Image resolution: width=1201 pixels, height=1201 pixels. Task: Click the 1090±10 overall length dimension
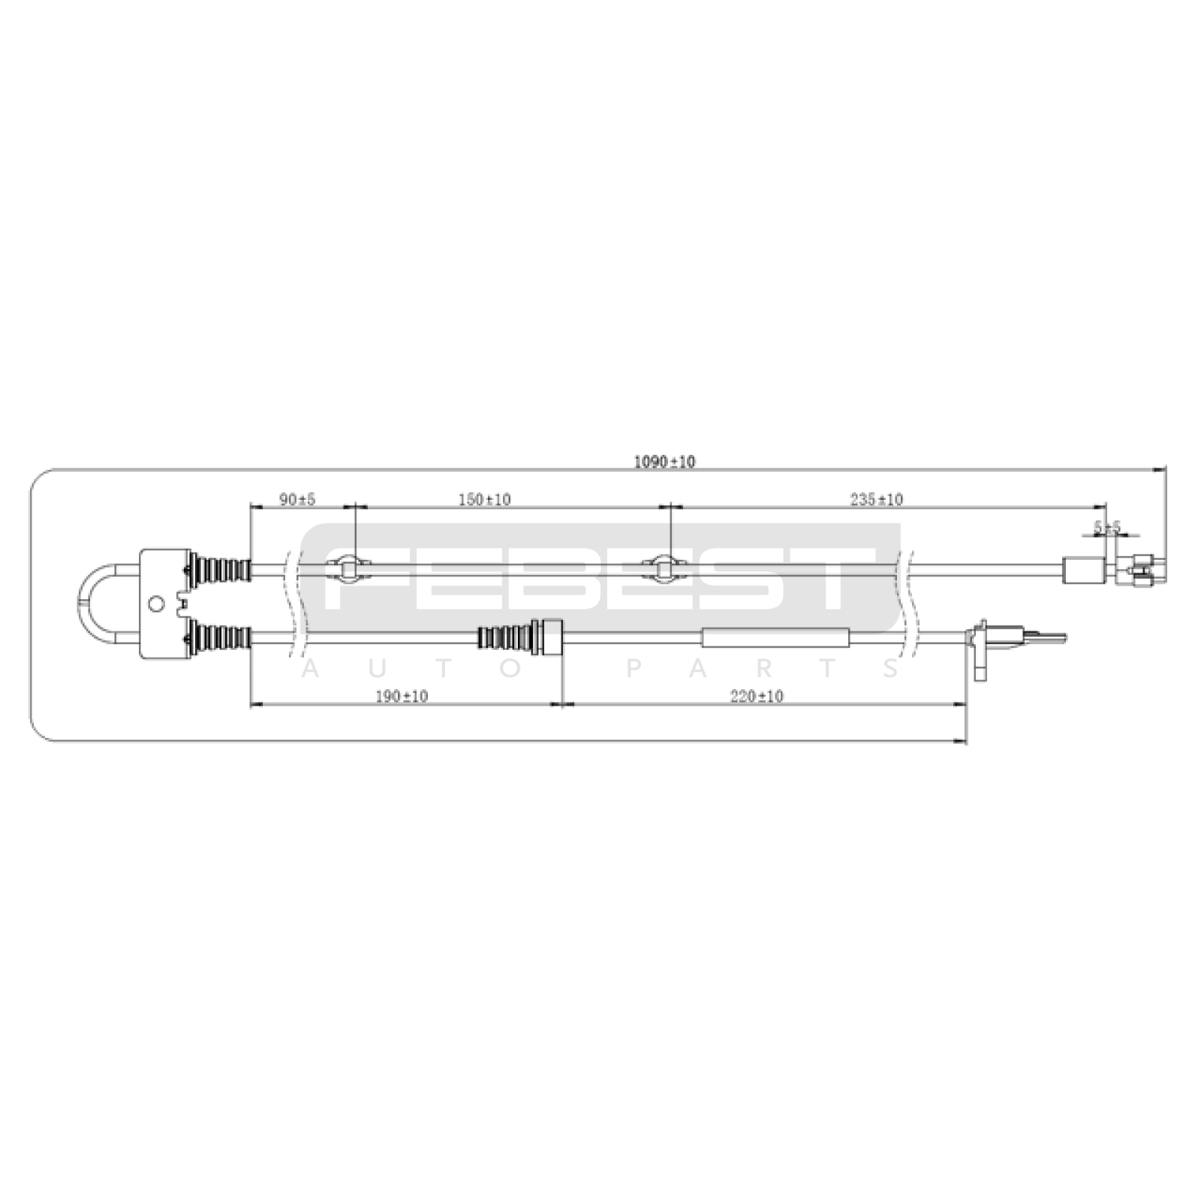point(664,462)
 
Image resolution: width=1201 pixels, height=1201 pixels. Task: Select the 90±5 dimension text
point(297,499)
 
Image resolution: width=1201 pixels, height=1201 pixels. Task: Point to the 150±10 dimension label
point(484,499)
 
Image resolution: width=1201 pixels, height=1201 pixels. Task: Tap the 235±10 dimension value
point(876,499)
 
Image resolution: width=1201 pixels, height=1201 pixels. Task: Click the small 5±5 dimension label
point(1106,528)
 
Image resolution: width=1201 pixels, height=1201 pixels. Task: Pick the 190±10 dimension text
point(402,697)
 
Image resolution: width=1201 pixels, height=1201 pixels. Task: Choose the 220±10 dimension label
point(757,697)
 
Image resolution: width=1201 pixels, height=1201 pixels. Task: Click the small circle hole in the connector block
point(156,604)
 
